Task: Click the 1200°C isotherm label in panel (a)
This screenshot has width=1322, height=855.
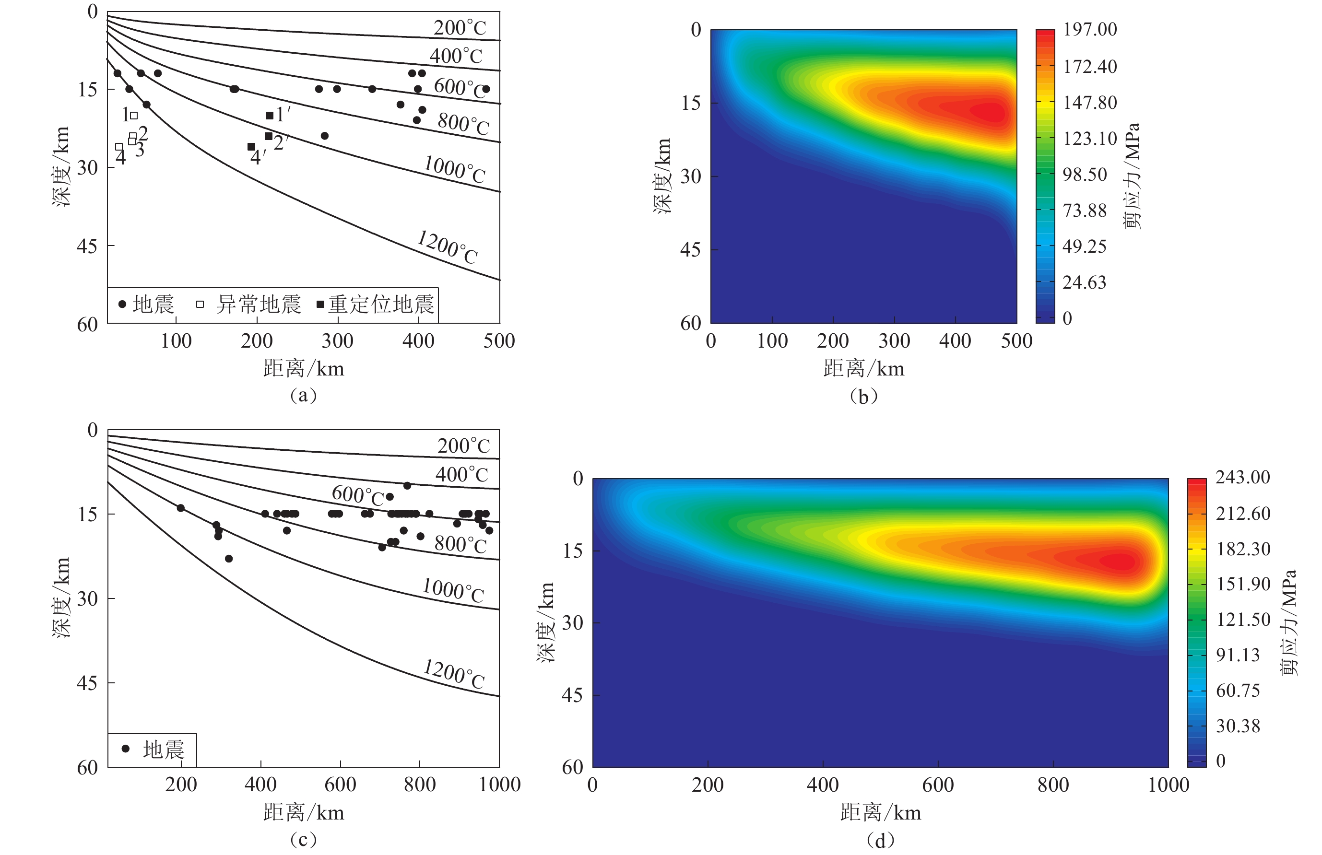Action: coord(448,247)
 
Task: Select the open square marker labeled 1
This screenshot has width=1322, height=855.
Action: coord(134,116)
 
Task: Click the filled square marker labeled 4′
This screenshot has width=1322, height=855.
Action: coord(251,147)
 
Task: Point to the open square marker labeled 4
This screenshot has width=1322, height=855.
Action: coord(119,147)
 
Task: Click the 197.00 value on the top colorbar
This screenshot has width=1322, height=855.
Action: coord(1089,29)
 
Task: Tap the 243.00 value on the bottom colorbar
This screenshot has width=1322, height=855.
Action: coord(1242,478)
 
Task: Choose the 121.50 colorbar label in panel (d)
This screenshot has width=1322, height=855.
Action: coord(1242,620)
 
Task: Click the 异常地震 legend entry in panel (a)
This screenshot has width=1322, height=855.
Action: coord(250,304)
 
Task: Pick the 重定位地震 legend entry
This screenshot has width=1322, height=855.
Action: coord(376,304)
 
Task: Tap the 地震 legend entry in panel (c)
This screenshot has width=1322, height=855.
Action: coord(153,750)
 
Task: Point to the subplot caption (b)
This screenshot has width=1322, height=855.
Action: coord(863,397)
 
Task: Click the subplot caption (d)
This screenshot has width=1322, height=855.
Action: coord(880,840)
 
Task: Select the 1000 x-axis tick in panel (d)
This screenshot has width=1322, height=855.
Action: coord(1168,785)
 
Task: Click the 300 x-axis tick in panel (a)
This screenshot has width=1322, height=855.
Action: coord(338,341)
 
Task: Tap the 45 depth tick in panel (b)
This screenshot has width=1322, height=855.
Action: coord(690,250)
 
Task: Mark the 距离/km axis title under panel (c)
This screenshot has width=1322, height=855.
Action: coord(304,813)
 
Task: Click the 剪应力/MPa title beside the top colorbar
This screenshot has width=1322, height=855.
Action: coord(1132,176)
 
